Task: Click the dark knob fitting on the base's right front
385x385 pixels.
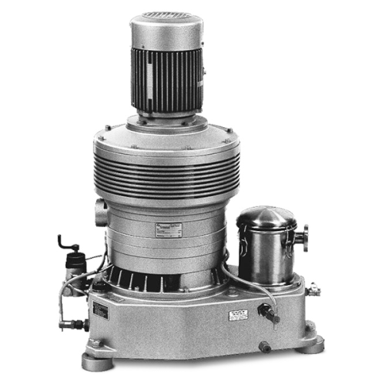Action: pyautogui.click(x=267, y=312)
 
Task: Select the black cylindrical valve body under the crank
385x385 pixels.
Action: pyautogui.click(x=74, y=265)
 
